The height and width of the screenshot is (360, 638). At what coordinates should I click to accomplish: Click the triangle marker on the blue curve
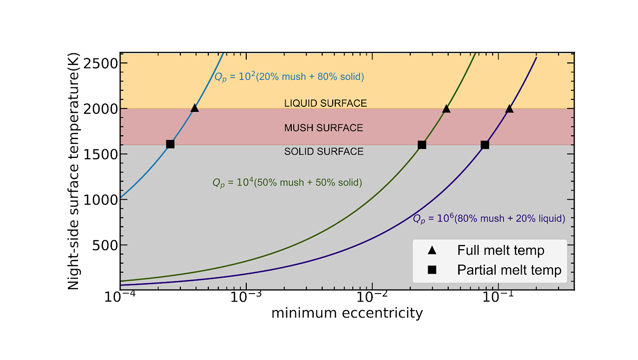tap(194, 108)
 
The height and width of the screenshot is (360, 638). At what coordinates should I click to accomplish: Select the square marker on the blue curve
tap(170, 144)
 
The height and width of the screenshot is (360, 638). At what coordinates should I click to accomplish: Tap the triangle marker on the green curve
tap(446, 108)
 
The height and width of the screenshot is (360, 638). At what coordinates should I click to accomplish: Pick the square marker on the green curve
tap(422, 145)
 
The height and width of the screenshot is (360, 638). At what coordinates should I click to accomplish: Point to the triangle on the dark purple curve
tap(509, 108)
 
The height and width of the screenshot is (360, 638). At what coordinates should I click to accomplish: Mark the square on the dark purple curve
tap(485, 145)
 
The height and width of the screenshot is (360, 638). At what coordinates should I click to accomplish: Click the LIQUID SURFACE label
tap(325, 103)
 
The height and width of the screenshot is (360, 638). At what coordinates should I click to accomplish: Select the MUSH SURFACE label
tap(323, 128)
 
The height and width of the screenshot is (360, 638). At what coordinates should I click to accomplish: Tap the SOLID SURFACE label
tap(324, 151)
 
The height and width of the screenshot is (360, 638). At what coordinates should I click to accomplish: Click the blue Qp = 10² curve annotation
tap(289, 77)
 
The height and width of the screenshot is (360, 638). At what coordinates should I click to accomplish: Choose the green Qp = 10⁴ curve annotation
tap(287, 183)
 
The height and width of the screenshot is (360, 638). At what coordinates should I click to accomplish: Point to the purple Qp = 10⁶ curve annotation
tap(488, 219)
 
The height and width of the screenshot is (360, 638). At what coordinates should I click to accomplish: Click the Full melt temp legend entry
tap(501, 250)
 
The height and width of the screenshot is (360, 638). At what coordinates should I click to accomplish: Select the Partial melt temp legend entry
tap(509, 270)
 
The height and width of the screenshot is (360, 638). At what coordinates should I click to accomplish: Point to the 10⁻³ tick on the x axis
tap(246, 298)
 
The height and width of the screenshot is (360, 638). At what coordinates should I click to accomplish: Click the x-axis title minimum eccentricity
tap(347, 313)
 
